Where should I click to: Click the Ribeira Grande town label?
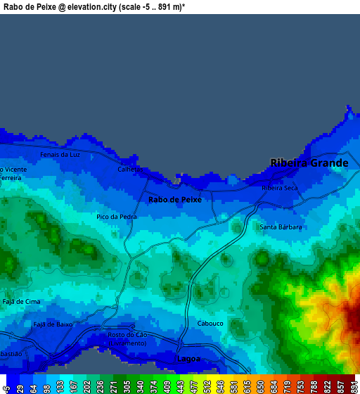point(309,163)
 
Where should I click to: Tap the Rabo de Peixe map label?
point(175,200)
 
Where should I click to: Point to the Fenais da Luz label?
point(60,154)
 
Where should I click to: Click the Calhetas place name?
point(130,170)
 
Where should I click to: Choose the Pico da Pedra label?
point(116,217)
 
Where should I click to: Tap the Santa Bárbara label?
point(281,227)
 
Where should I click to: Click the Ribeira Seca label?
point(280,188)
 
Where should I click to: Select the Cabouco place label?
point(210,324)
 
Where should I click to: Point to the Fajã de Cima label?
point(21,301)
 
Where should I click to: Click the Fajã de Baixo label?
point(53,324)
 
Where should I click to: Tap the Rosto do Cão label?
point(127,335)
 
